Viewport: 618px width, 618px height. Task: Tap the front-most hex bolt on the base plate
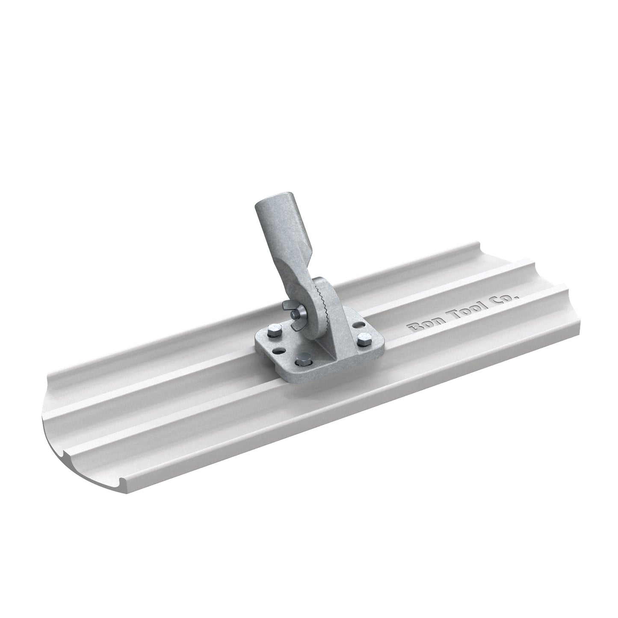click(x=303, y=357)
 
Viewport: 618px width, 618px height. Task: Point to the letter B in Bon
click(x=414, y=329)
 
